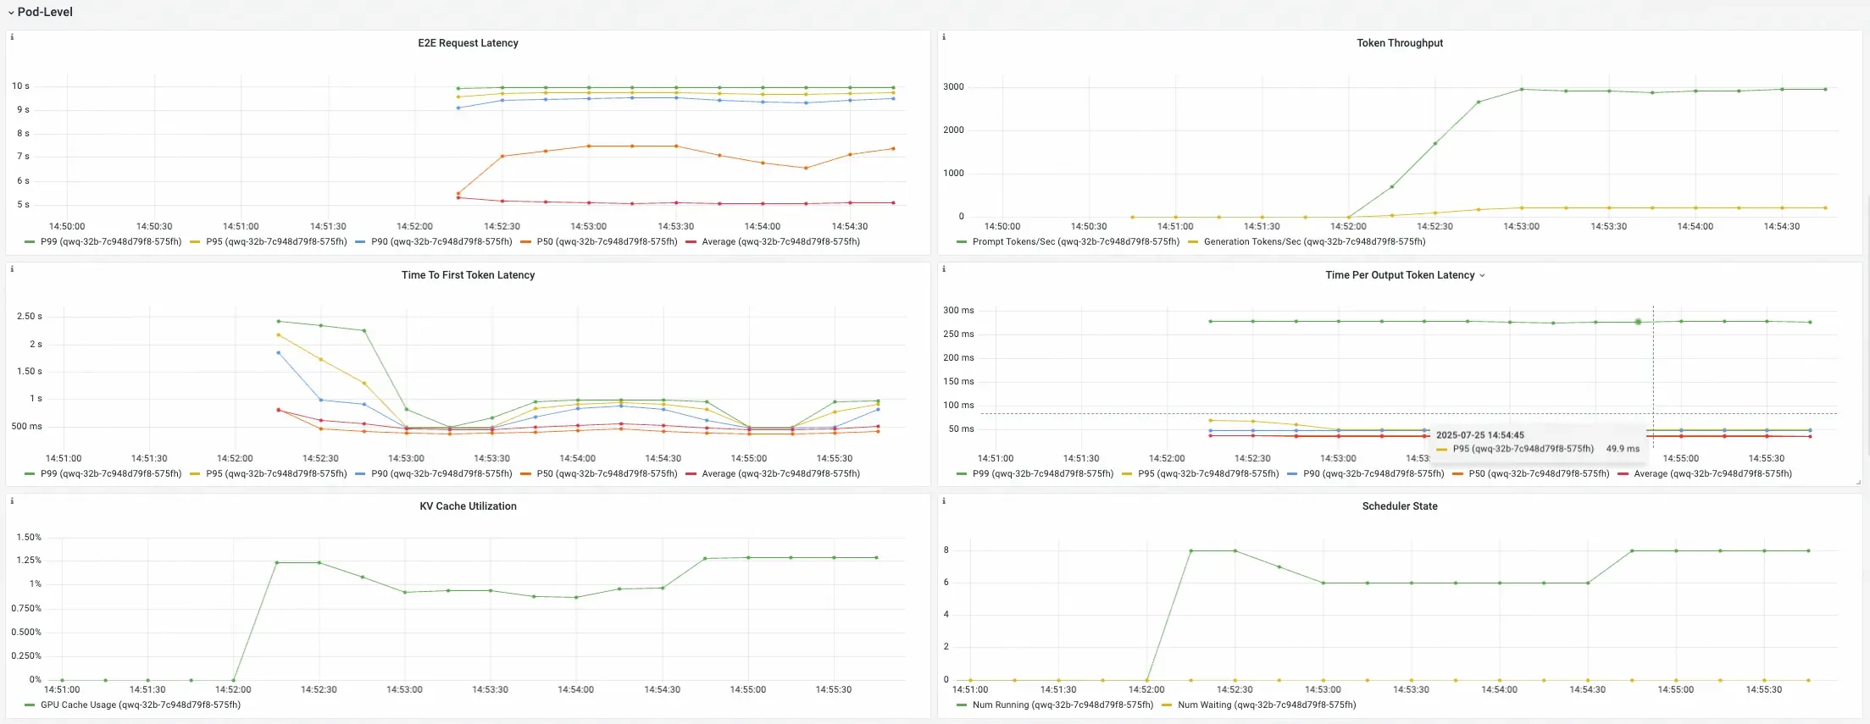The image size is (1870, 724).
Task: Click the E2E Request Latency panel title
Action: point(468,43)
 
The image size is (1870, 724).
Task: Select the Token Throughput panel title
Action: point(1399,43)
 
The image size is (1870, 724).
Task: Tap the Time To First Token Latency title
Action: point(468,275)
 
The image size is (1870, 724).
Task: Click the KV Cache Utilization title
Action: point(468,506)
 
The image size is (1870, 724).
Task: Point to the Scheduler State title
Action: point(1399,506)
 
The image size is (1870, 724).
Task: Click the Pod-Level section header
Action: point(45,12)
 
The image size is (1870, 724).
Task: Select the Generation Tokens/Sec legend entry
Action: point(1314,242)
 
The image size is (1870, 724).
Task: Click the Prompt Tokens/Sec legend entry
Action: point(1075,242)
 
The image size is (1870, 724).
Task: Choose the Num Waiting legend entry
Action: point(1266,705)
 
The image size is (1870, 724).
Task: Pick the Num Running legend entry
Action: point(1063,705)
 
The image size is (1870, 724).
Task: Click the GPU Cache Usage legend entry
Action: point(140,705)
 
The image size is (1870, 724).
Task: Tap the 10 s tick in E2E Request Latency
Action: point(20,86)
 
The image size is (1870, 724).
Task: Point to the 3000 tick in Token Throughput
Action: point(953,87)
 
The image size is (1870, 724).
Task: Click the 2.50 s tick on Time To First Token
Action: point(29,317)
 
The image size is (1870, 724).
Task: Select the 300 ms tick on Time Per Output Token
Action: point(958,311)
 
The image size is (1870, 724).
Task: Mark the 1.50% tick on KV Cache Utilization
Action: point(29,538)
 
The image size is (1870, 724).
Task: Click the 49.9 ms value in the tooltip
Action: point(1623,449)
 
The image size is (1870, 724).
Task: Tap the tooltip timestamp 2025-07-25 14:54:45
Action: point(1479,435)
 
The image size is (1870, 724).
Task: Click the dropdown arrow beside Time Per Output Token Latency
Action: point(1482,276)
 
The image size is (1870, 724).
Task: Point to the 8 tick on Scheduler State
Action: point(946,550)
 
